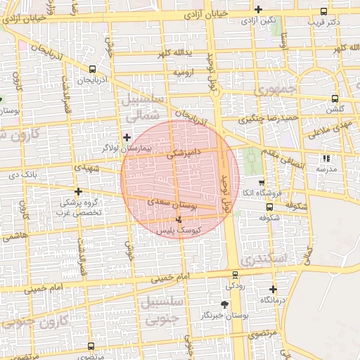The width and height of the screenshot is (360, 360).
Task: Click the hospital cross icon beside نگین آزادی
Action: pyautogui.click(x=259, y=10)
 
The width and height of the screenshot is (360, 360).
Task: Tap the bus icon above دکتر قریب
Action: pyautogui.click(x=323, y=12)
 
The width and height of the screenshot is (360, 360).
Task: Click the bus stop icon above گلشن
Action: pyautogui.click(x=334, y=99)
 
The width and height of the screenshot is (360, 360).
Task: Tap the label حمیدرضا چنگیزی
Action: pyautogui.click(x=269, y=117)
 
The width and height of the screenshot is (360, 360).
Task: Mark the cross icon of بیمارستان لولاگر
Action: pyautogui.click(x=127, y=137)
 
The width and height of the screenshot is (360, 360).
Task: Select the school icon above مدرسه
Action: pyautogui.click(x=326, y=158)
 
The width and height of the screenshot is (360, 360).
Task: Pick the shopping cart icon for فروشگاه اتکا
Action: pyautogui.click(x=261, y=182)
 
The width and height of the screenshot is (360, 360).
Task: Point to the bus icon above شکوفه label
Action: pyautogui.click(x=269, y=207)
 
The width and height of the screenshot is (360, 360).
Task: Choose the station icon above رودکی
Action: pyautogui.click(x=235, y=275)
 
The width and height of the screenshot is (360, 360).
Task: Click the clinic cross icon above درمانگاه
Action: pyautogui.click(x=273, y=289)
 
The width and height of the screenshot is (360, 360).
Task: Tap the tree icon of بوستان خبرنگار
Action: pyautogui.click(x=224, y=304)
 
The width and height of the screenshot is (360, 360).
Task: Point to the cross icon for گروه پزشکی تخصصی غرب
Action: pyautogui.click(x=78, y=191)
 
